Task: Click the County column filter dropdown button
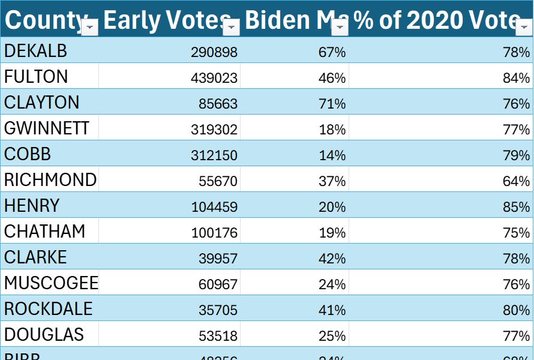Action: click(90, 27)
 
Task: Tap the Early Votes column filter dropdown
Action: click(232, 27)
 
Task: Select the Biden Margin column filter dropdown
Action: click(340, 27)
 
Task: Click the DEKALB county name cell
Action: click(36, 52)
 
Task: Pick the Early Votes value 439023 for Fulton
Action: click(214, 78)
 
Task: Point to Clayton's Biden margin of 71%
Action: click(332, 104)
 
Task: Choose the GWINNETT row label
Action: click(47, 128)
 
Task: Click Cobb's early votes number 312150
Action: click(214, 155)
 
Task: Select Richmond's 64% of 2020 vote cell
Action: click(516, 181)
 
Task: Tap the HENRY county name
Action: click(32, 206)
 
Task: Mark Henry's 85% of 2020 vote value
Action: click(516, 207)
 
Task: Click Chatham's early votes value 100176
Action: click(214, 233)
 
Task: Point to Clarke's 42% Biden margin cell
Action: click(332, 259)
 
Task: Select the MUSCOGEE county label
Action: click(51, 283)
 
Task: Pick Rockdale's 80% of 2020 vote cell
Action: click(516, 310)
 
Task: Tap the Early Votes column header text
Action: click(162, 20)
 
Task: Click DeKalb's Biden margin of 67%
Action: click(332, 52)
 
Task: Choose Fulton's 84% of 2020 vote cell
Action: click(516, 78)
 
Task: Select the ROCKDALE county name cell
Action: click(49, 309)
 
